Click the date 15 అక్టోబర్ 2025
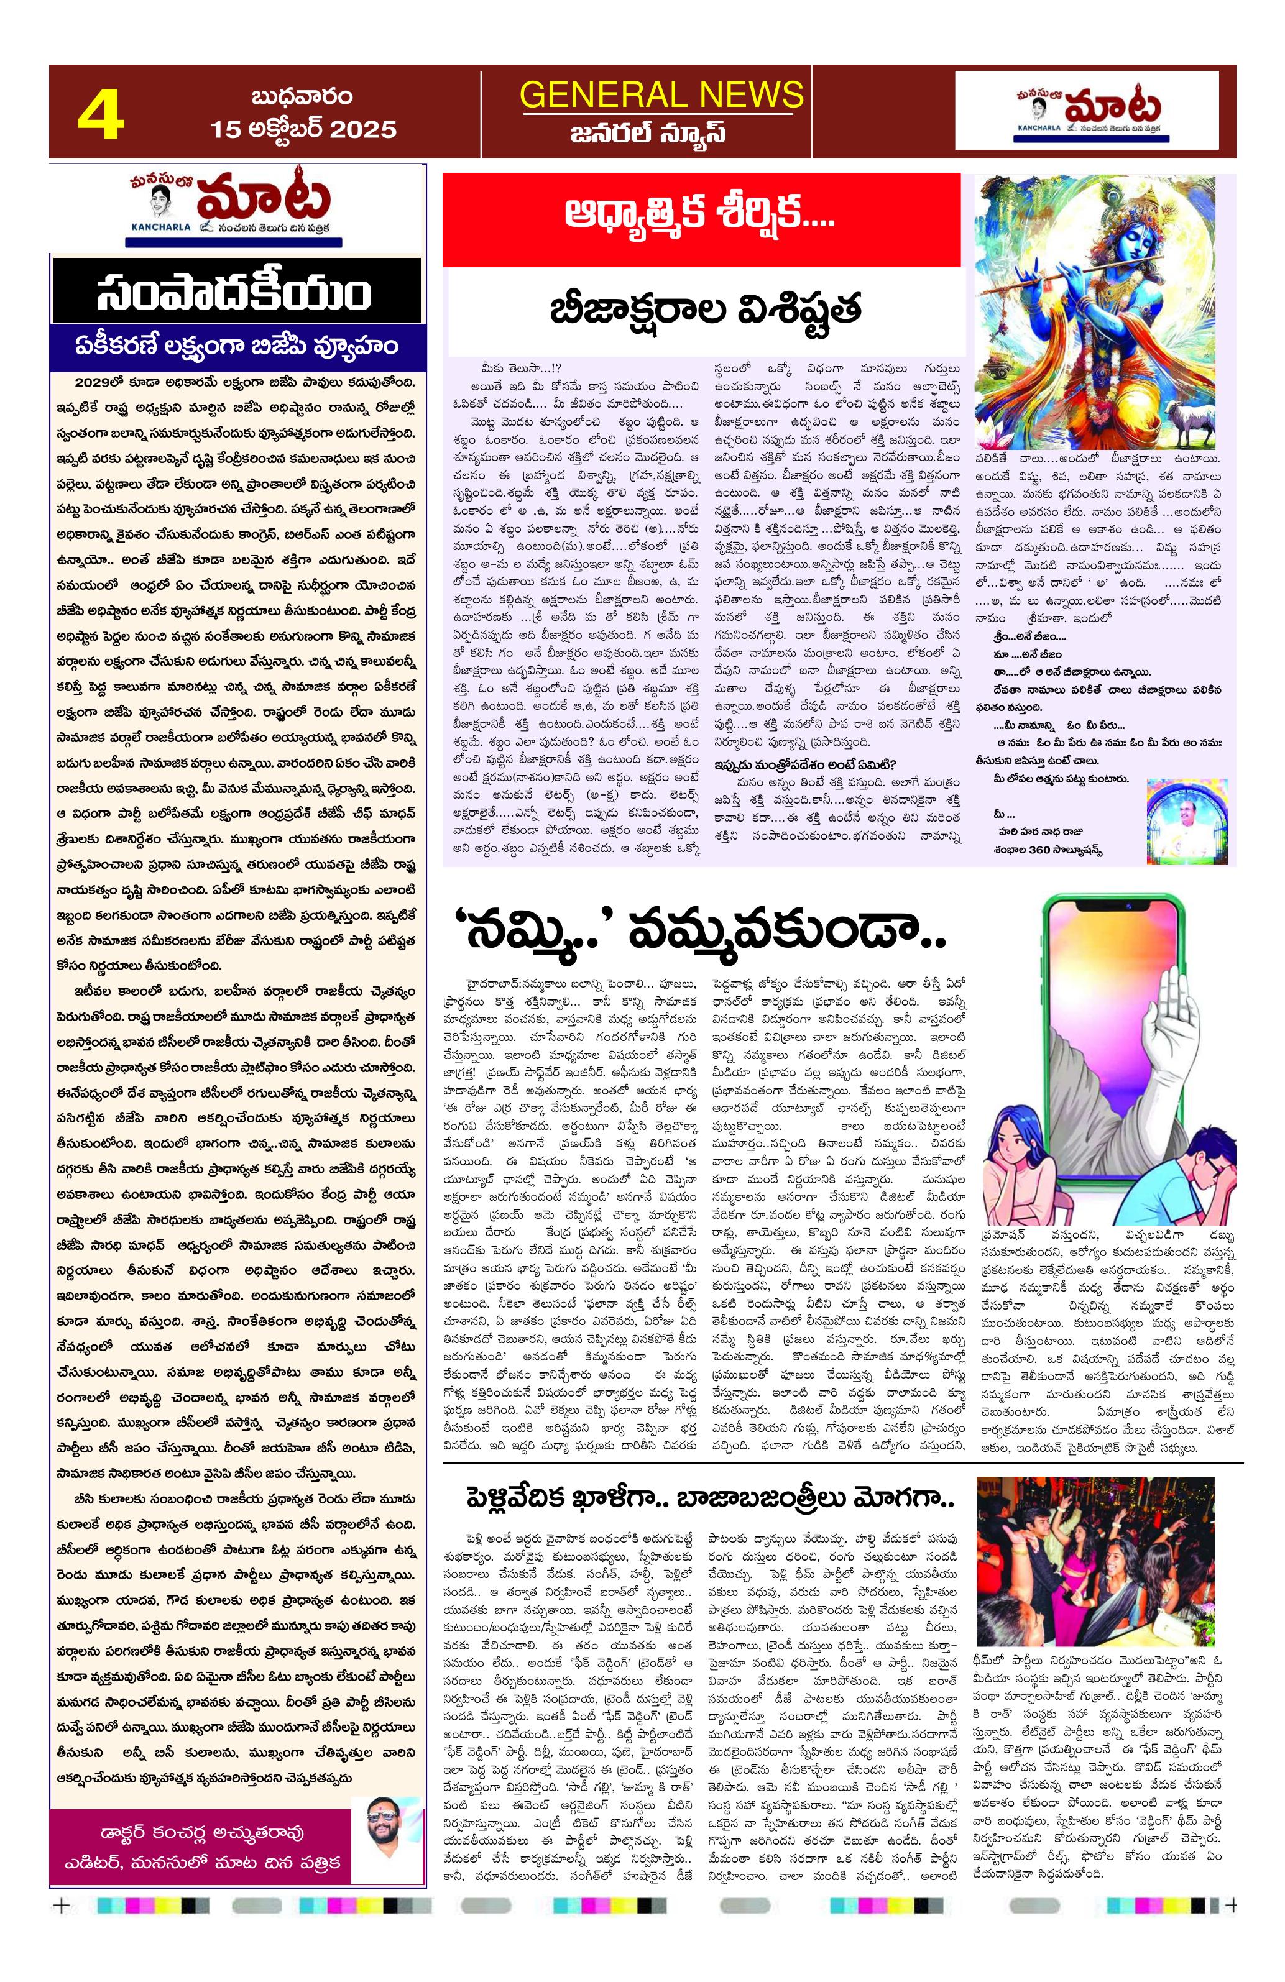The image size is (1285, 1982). pyautogui.click(x=303, y=130)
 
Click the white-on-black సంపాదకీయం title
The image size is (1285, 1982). pyautogui.click(x=236, y=291)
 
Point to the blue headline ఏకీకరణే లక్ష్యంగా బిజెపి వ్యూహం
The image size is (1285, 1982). pyautogui.click(x=236, y=346)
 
